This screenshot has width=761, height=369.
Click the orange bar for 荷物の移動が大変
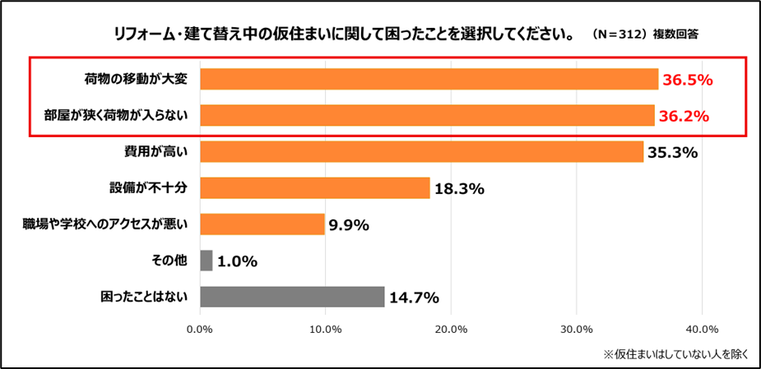pyautogui.click(x=429, y=79)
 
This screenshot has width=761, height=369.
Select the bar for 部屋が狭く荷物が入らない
pyautogui.click(x=427, y=116)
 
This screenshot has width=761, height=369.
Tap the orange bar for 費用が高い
pyautogui.click(x=421, y=152)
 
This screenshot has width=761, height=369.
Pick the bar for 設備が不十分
pyautogui.click(x=315, y=188)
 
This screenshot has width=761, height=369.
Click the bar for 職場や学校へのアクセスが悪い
pyautogui.click(x=262, y=224)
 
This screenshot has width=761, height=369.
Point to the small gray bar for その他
pyautogui.click(x=206, y=261)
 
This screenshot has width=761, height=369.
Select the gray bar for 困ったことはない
pyautogui.click(x=292, y=297)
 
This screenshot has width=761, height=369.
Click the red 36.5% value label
pyautogui.click(x=687, y=80)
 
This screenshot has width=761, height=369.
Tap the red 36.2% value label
pyautogui.click(x=684, y=117)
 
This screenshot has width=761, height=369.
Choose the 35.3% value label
pyautogui.click(x=672, y=153)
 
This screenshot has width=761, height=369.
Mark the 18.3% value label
pyautogui.click(x=458, y=189)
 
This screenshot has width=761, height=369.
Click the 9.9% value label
pyautogui.click(x=349, y=225)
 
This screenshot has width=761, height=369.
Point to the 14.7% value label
pyautogui.click(x=413, y=298)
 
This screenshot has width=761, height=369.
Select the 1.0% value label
pyautogui.click(x=238, y=262)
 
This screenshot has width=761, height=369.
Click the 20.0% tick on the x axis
pyautogui.click(x=451, y=330)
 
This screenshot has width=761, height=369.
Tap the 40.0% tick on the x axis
pyautogui.click(x=702, y=330)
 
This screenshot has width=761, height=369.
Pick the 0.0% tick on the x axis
pyautogui.click(x=200, y=330)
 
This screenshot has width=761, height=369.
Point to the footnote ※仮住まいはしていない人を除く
pyautogui.click(x=675, y=354)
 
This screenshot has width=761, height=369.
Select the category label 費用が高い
pyautogui.click(x=165, y=152)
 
